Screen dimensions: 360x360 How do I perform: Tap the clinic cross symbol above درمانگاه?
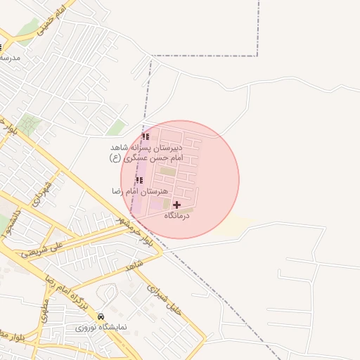coord(176,205)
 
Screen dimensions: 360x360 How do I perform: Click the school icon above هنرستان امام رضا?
coord(139,180)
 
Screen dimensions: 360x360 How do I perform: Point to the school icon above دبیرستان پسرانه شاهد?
coord(146,136)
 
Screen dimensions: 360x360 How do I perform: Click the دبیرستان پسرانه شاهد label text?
coord(153,148)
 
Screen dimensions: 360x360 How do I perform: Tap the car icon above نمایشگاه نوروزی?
coord(101,317)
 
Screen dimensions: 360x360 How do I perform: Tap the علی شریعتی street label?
coord(46,247)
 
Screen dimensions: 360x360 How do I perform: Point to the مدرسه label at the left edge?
coord(10,58)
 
